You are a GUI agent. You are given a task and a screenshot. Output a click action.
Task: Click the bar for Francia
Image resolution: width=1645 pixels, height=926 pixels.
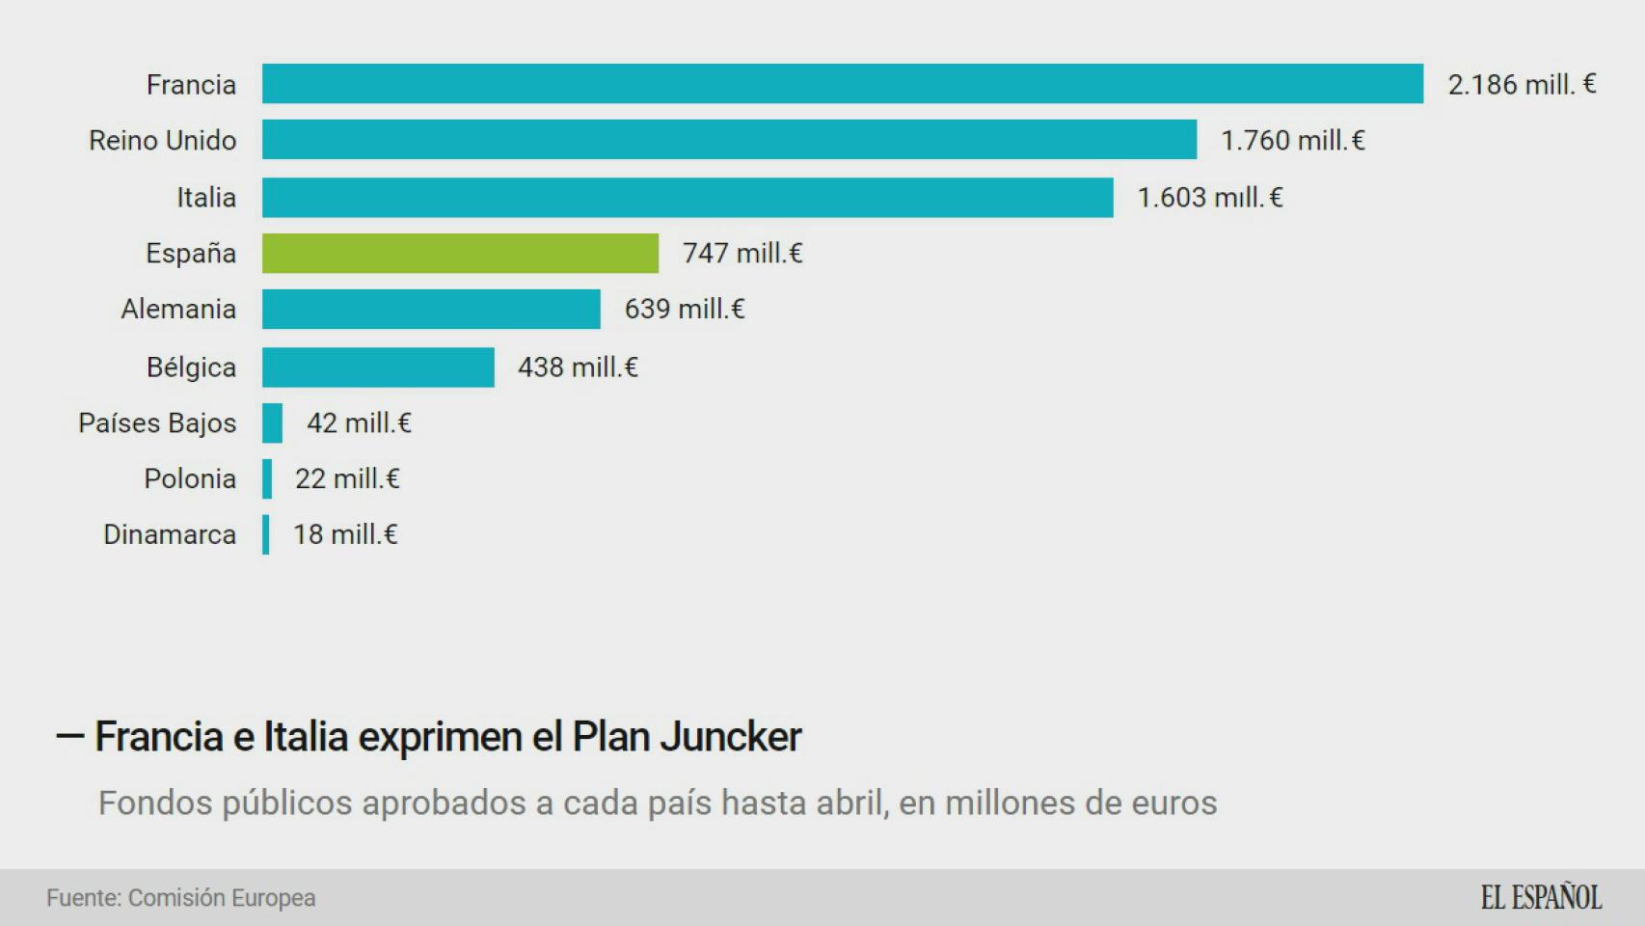pos(842,84)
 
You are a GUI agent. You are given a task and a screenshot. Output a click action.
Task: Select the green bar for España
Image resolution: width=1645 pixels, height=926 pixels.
pos(460,253)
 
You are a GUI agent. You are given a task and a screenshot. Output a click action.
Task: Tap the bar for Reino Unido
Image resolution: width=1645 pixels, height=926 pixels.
pos(729,140)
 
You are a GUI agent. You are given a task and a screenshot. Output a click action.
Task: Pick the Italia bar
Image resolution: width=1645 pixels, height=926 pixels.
pos(688,197)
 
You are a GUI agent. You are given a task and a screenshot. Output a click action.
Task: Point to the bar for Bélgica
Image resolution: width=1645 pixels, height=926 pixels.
pos(378,367)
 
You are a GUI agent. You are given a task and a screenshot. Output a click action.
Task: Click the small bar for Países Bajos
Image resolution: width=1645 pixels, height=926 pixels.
pos(272,422)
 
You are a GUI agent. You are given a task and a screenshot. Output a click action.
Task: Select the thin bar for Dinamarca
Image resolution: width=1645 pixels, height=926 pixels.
pos(265,534)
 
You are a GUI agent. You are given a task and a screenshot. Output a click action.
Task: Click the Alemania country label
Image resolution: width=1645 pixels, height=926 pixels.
pos(178,309)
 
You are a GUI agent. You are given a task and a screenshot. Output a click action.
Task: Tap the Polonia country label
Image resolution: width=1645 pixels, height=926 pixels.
pos(190,478)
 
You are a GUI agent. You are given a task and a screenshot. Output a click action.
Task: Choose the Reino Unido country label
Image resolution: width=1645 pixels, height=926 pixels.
pos(162,141)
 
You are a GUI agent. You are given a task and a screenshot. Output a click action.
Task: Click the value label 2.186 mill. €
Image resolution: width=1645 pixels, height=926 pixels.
pos(1522,85)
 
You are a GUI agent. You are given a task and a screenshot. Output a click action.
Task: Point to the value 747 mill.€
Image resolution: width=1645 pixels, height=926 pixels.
pos(742,253)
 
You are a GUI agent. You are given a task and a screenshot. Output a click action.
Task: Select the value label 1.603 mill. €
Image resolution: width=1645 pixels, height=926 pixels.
pos(1210,198)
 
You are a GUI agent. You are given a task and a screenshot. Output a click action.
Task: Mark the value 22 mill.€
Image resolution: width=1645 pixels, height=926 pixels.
pos(347,478)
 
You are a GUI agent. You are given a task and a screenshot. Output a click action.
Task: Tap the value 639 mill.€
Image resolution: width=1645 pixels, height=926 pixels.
pos(685,309)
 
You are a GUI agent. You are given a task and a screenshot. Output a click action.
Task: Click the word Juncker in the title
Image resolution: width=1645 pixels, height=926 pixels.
pos(730,737)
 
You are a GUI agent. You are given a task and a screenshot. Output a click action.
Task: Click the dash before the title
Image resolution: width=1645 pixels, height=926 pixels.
pos(70,737)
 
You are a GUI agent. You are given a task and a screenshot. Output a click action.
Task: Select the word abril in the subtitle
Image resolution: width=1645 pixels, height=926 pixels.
pos(852,803)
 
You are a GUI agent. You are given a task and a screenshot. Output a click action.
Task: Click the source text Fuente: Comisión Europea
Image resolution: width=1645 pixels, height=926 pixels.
pos(181,898)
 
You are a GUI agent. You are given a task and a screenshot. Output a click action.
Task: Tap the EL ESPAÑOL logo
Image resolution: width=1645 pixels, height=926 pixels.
pos(1541,898)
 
